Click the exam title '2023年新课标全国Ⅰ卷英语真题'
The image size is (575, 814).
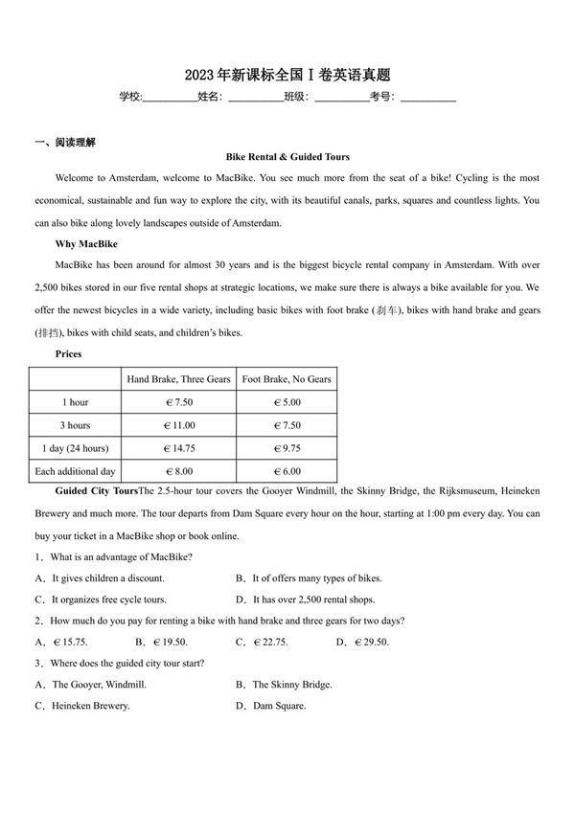287,75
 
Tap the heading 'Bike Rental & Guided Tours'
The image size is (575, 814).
287,156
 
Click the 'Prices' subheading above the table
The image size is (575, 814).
68,354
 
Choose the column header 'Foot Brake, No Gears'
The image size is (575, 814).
287,379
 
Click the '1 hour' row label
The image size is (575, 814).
75,402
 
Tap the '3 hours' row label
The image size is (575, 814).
75,425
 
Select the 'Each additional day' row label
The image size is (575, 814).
75,471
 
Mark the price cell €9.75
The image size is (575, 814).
287,448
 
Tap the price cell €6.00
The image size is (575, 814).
287,471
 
